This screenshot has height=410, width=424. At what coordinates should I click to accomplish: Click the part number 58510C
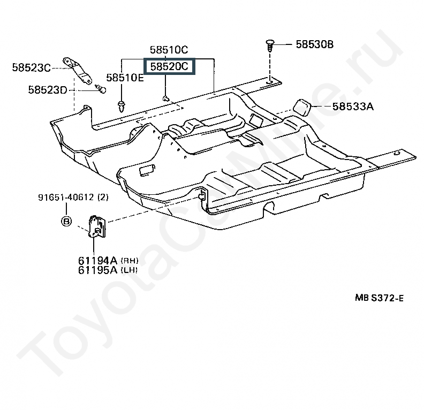[x=169, y=50]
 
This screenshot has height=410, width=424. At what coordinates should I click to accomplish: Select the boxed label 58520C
[x=169, y=66]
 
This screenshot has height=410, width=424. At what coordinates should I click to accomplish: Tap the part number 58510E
[x=125, y=78]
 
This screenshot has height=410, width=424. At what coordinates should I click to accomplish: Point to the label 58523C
[x=32, y=67]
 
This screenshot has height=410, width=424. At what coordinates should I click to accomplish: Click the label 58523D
[x=48, y=90]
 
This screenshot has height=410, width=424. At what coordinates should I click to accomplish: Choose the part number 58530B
[x=314, y=44]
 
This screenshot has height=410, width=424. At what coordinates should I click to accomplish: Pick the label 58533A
[x=353, y=107]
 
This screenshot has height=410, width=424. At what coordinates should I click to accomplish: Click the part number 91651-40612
[x=66, y=198]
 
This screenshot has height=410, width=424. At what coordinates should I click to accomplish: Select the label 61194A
[x=97, y=261]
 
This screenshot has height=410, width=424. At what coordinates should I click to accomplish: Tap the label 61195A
[x=97, y=270]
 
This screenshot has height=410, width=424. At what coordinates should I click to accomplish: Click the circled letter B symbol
[x=66, y=222]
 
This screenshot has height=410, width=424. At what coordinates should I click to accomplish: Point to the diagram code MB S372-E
[x=379, y=298]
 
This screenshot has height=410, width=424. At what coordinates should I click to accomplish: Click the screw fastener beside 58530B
[x=270, y=46]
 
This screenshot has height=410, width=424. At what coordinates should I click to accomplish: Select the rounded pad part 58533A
[x=302, y=107]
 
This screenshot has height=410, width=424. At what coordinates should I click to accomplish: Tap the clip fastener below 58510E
[x=122, y=106]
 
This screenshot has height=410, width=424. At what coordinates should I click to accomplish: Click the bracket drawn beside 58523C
[x=77, y=70]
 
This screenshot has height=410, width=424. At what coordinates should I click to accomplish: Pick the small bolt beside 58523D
[x=101, y=89]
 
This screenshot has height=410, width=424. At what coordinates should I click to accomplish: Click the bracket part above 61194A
[x=97, y=226]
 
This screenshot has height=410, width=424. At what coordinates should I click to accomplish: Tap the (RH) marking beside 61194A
[x=130, y=261]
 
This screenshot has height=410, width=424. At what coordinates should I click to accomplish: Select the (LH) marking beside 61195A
[x=129, y=270]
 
